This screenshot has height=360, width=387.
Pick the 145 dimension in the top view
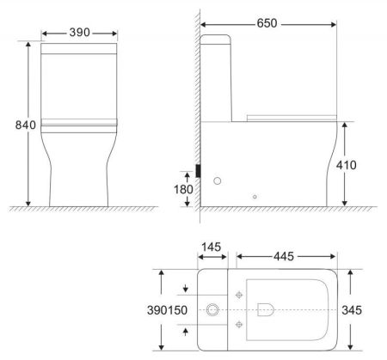point(212,247)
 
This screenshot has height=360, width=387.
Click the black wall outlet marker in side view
point(199,170)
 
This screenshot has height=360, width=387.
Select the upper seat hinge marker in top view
point(238,292)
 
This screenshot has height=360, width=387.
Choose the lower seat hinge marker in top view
point(238,324)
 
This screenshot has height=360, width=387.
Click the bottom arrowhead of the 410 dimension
point(345,202)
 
